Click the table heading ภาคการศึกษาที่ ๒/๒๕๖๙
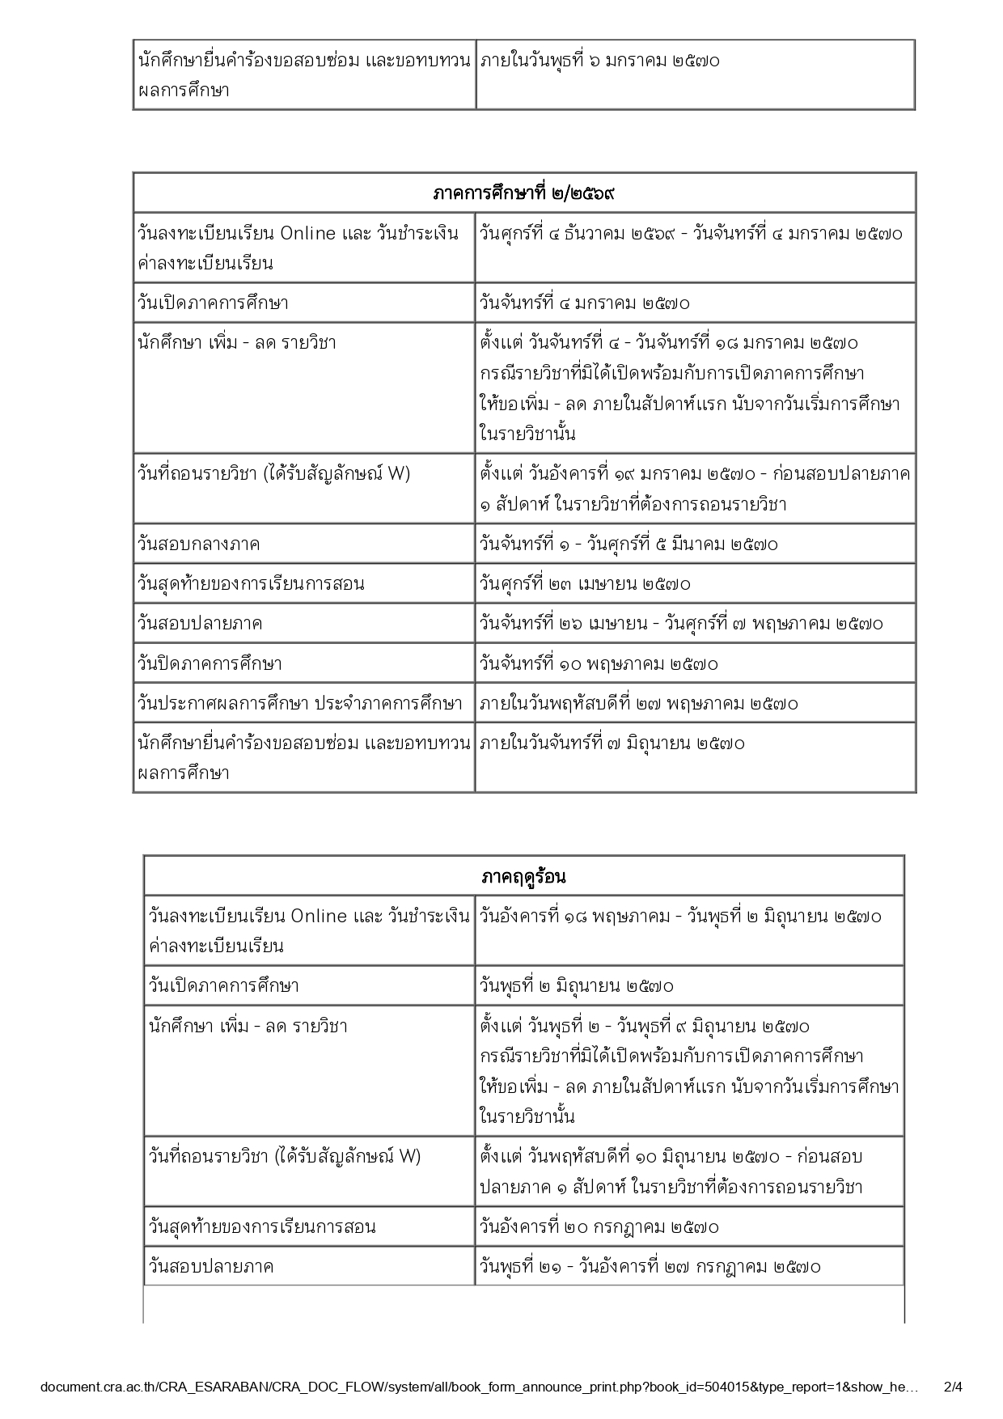(x=524, y=193)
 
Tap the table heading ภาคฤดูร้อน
(x=523, y=876)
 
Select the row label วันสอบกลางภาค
(x=199, y=544)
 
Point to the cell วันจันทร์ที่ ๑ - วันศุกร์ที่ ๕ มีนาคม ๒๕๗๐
(x=628, y=544)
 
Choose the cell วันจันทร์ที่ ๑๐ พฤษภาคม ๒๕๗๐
(x=599, y=663)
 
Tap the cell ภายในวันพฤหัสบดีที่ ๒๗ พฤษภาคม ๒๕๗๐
(x=638, y=703)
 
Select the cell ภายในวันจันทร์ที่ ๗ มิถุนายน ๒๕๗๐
(x=612, y=743)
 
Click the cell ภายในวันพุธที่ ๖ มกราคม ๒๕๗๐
(x=599, y=61)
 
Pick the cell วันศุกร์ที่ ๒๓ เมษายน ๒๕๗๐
(x=585, y=583)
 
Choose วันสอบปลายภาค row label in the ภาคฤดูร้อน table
(x=211, y=1266)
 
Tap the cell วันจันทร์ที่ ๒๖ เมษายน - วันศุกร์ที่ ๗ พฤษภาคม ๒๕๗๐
(x=681, y=623)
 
